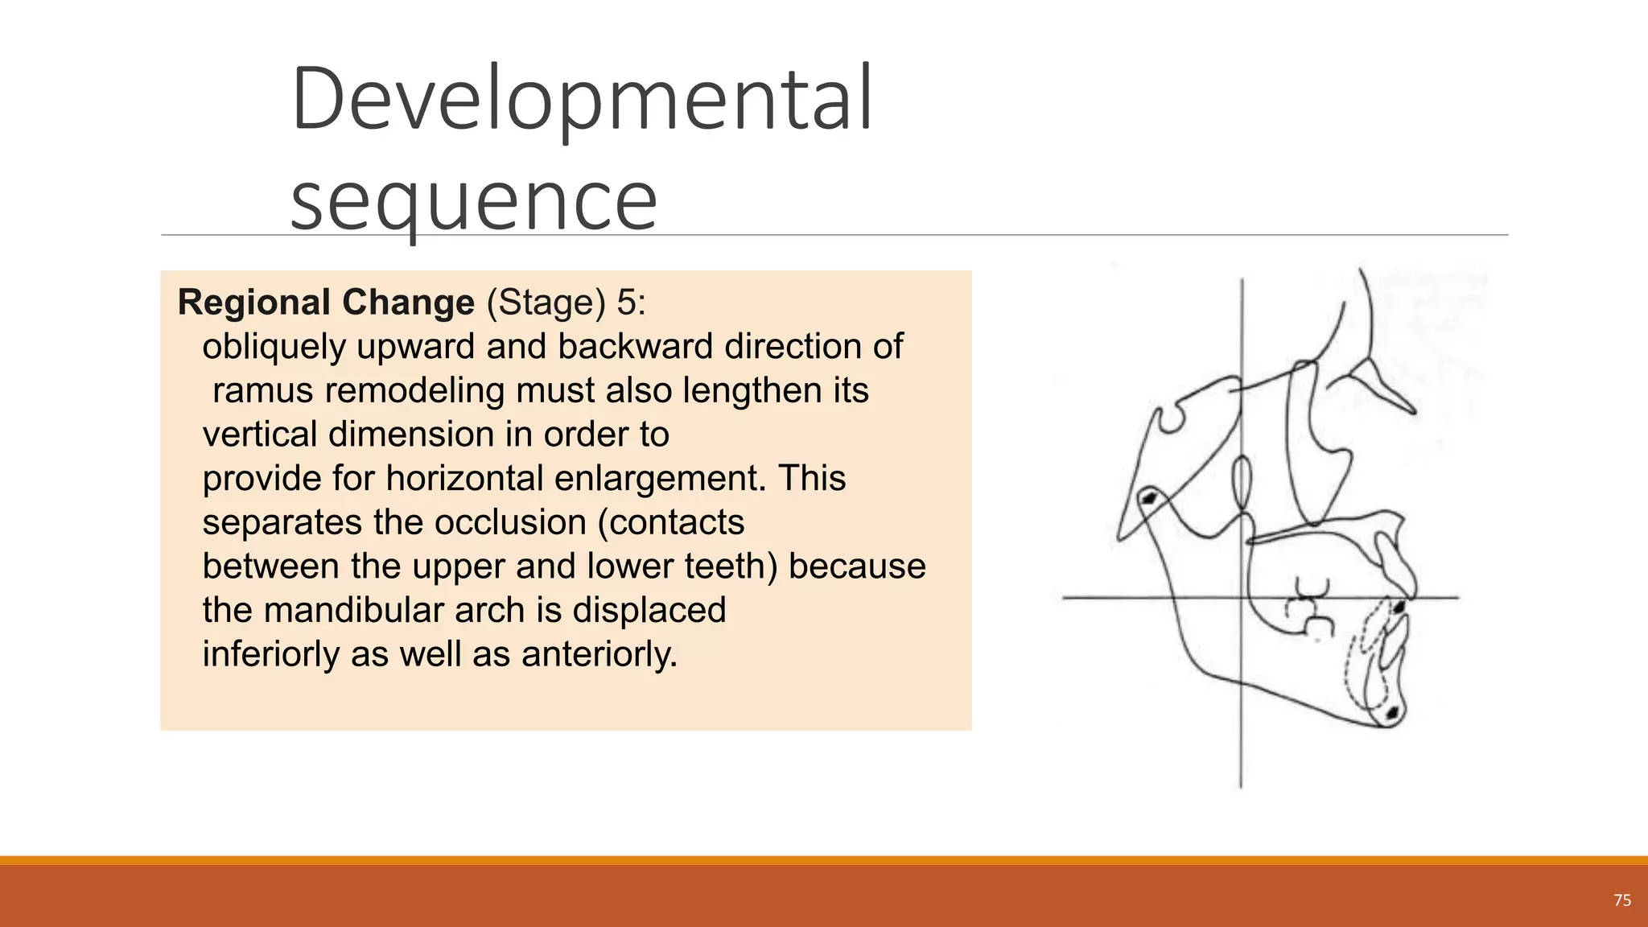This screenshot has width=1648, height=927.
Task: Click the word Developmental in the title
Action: (x=581, y=100)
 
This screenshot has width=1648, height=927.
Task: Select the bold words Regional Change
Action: (x=326, y=303)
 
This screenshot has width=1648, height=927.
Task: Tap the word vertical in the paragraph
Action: (x=258, y=435)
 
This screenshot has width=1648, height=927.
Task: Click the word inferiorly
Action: (x=271, y=654)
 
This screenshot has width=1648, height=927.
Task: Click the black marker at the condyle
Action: (x=1149, y=499)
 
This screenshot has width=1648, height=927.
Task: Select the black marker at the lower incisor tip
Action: (x=1400, y=606)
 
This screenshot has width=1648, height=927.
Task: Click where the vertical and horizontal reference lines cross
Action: (x=1242, y=597)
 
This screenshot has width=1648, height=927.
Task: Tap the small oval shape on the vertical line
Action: (x=1242, y=484)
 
